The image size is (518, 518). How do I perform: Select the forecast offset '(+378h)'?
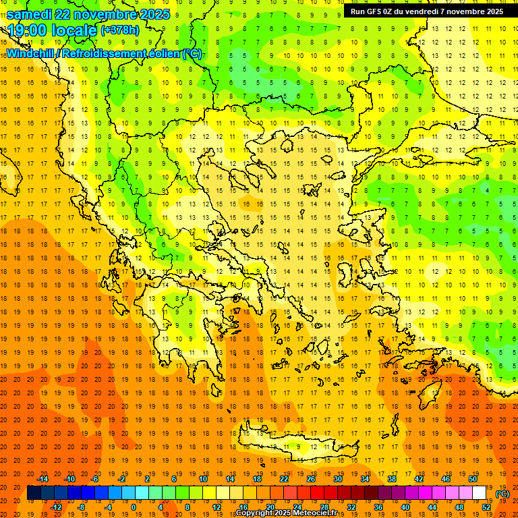click(x=120, y=30)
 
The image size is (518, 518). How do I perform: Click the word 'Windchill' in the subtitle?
click(x=30, y=54)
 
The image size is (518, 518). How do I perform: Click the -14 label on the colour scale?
click(x=42, y=479)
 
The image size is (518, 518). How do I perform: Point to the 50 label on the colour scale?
click(x=472, y=479)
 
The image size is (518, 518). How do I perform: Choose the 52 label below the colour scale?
click(x=486, y=507)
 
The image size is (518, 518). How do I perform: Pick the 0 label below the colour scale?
click(x=134, y=507)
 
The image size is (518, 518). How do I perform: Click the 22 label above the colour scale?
click(x=284, y=479)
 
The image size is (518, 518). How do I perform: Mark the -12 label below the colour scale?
click(x=56, y=507)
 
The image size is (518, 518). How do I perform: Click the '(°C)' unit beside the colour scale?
click(x=502, y=494)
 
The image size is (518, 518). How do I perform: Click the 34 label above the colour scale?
click(x=365, y=479)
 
